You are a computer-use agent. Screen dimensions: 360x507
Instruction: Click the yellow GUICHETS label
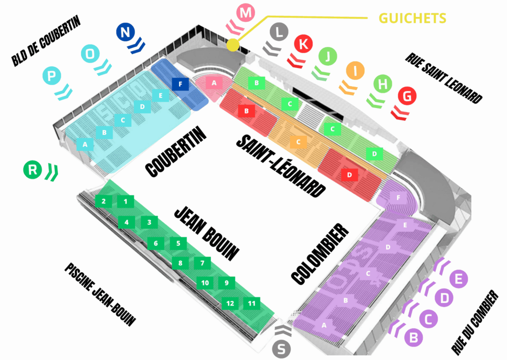[412, 18]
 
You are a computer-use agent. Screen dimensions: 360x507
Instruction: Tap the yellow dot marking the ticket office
[233, 45]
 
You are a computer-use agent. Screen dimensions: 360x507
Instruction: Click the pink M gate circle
[245, 13]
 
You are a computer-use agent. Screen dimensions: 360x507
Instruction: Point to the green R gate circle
[33, 170]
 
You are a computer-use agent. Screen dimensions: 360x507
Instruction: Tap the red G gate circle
[407, 97]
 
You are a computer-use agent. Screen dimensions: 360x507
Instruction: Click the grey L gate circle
[280, 33]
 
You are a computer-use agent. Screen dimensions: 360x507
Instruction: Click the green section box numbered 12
[230, 303]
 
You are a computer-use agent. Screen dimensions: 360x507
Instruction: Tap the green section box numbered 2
[103, 201]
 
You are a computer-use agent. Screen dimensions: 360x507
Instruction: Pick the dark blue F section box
[180, 84]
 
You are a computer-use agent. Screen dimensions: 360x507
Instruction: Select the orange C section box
[298, 142]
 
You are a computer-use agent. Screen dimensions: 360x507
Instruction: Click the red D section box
[350, 174]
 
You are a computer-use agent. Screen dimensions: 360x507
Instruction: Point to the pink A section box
[214, 83]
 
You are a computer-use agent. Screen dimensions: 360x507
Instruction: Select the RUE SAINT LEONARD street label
[443, 77]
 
